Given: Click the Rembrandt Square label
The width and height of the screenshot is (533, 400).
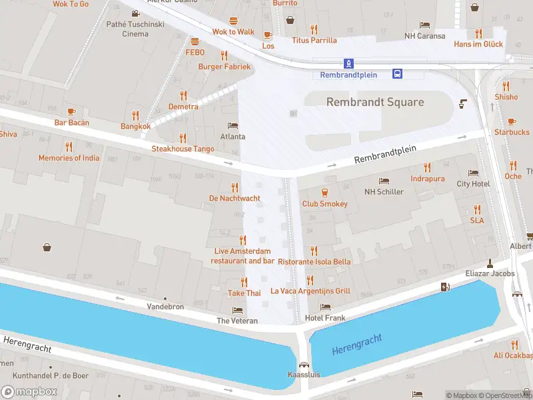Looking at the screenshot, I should point(374,102).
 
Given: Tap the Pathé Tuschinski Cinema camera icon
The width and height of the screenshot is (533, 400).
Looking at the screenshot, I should point(135,13).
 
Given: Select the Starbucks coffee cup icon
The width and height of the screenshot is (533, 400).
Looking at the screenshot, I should point(511,121).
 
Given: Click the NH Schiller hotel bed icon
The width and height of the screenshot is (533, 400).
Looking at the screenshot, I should point(384,181).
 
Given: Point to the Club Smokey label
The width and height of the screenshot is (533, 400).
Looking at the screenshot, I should point(324,203).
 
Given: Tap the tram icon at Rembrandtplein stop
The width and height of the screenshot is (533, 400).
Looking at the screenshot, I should point(348,63).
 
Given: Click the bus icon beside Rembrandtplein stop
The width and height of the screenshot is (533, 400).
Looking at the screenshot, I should point(396,73).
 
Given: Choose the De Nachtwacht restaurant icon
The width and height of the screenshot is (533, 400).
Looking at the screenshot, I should point(235,187).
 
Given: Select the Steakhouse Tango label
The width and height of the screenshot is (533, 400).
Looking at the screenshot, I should point(183,149).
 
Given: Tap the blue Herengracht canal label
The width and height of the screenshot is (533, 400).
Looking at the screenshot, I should point(356,345).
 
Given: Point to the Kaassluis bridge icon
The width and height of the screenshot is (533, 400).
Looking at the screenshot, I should point(304,365).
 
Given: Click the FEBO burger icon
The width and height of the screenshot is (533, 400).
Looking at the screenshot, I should point(195,41).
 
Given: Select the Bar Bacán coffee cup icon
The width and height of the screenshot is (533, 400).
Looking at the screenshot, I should point(71,111).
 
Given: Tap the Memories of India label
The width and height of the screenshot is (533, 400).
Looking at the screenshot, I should point(69,158).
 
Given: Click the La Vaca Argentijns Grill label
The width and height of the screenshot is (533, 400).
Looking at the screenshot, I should point(310,291).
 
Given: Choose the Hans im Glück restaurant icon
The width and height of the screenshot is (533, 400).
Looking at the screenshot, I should point(478,33).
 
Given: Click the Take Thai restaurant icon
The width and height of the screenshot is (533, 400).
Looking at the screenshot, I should point(245,282).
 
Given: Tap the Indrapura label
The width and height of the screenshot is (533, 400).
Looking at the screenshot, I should point(427,179).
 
